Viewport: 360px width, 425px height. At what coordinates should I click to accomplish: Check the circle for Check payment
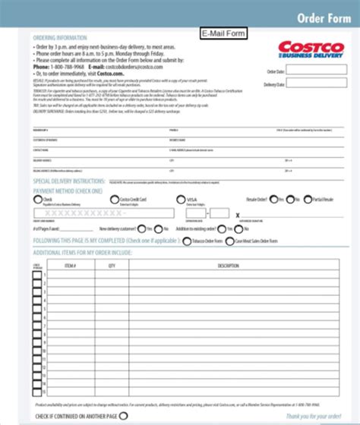point(37,200)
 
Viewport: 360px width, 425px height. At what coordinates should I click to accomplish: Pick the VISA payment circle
point(180,200)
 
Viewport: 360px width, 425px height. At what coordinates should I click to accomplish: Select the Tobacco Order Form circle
point(187,241)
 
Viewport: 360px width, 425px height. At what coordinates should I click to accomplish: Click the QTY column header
point(112,266)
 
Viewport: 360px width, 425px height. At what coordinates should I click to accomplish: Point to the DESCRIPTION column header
point(228,266)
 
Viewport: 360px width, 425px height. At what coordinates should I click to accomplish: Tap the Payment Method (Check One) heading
point(69,191)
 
